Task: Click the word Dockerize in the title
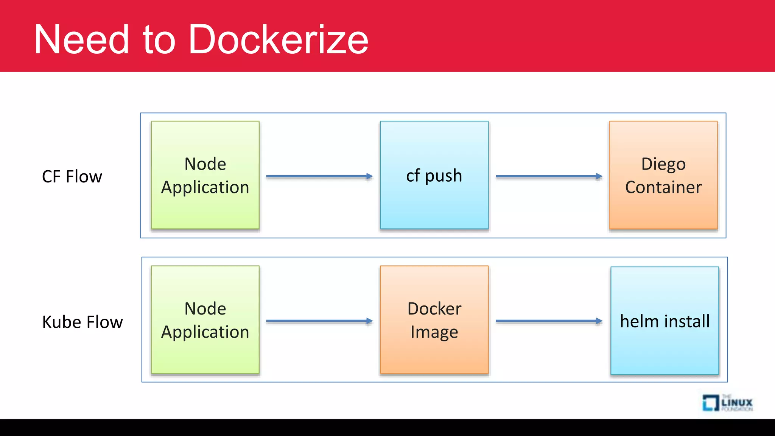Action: click(278, 39)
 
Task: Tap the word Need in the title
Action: click(82, 39)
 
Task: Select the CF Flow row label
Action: click(72, 176)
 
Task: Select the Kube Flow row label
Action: click(82, 322)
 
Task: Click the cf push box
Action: click(434, 175)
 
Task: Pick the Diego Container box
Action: click(663, 175)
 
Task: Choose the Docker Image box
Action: click(434, 320)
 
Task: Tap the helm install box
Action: click(665, 321)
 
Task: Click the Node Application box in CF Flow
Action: click(205, 175)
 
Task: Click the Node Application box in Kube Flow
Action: click(205, 320)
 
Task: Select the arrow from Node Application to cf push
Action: click(319, 176)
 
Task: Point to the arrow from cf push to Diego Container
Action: click(549, 176)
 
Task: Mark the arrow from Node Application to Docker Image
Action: click(319, 321)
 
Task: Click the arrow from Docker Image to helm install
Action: click(549, 321)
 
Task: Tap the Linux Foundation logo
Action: click(727, 403)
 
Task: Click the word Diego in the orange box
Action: click(663, 164)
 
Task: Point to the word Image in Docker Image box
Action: click(434, 332)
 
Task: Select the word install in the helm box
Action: click(687, 321)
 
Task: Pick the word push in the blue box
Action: click(443, 176)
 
